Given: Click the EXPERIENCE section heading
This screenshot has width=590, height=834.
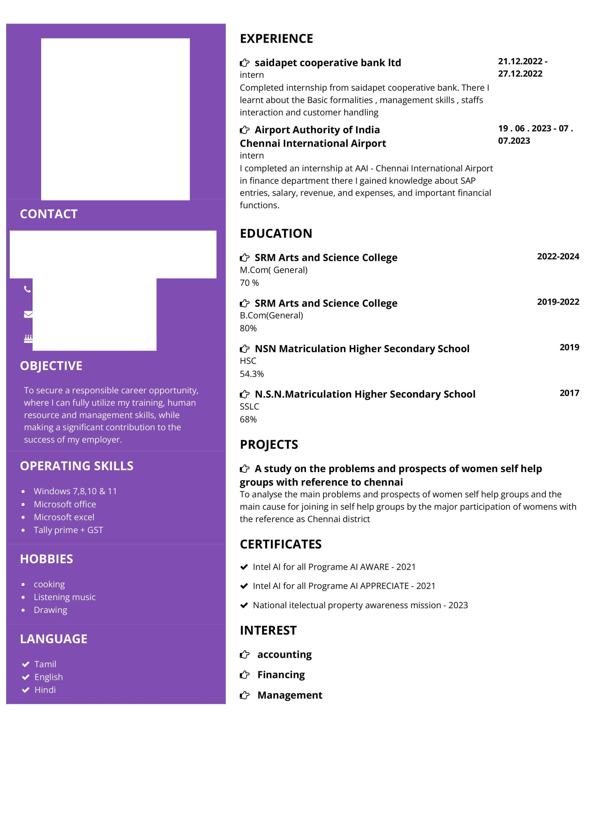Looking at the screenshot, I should [276, 38].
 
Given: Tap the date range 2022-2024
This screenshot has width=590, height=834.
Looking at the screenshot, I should [558, 256].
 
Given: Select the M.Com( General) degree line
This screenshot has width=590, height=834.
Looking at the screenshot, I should [274, 270].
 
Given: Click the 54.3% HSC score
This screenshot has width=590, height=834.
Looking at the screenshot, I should [252, 374].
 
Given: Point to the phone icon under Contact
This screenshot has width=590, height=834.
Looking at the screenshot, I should [27, 289].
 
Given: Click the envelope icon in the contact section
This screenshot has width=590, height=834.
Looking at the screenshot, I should [28, 314].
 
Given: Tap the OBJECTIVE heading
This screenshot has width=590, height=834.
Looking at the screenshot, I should [51, 366].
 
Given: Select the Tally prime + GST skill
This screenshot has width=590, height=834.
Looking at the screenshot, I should [68, 530].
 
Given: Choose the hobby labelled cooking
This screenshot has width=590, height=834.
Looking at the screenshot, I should [49, 584].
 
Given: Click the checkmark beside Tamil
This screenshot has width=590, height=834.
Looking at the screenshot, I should [25, 664].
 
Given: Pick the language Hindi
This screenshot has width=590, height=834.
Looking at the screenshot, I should [45, 690].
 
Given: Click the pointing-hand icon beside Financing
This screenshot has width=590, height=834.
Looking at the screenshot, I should [244, 675].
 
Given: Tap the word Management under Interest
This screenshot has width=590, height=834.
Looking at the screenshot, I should [290, 695].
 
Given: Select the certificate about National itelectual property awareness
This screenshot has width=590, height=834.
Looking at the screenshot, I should [360, 605].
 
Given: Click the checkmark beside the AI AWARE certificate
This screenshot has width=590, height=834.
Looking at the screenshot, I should [244, 567].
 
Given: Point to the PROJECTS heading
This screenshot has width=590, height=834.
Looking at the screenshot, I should [269, 445].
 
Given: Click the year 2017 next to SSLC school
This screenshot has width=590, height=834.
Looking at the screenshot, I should [569, 393].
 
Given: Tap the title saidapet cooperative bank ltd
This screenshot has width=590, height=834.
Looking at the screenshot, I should [328, 63].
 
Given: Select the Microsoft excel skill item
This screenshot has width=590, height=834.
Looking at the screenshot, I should [64, 517].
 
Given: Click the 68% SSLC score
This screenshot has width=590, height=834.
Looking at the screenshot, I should [248, 419].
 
